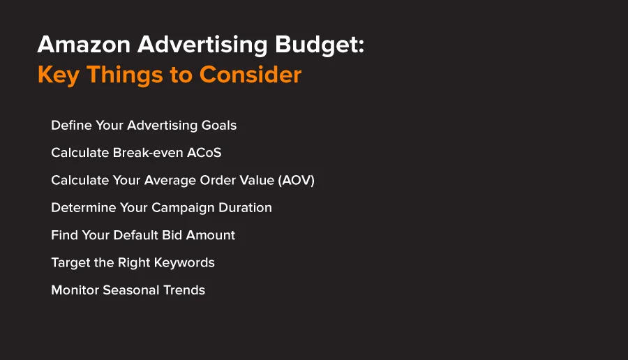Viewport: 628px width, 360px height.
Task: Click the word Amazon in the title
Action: [84, 44]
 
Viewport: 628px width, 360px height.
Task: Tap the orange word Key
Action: [58, 75]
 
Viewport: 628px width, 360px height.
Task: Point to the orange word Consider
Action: [251, 75]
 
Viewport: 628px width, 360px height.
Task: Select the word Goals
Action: [218, 126]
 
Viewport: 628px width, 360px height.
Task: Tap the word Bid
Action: [172, 235]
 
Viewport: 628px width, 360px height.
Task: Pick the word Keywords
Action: [184, 263]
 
